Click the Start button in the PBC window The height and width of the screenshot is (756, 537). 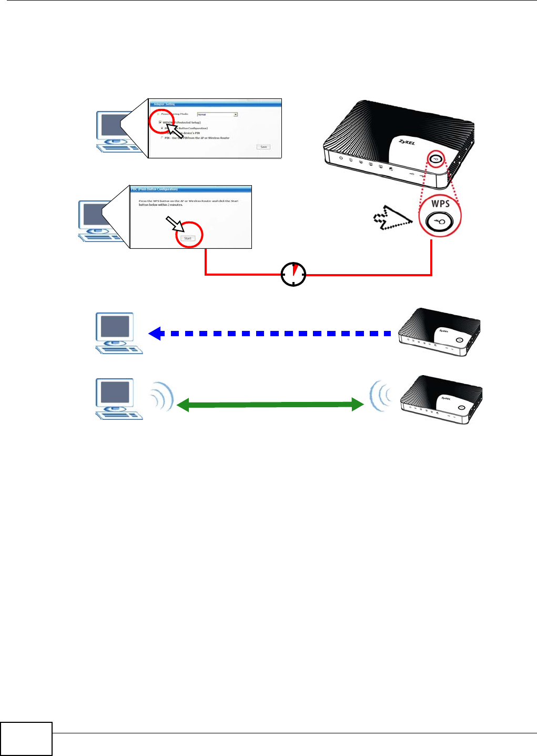tap(188, 238)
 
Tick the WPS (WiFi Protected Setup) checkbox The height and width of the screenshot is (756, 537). tap(160, 122)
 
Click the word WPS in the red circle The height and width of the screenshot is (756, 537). tap(440, 203)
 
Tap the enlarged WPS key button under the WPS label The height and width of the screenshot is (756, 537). tap(439, 222)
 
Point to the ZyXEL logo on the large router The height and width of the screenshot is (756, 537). tap(406, 143)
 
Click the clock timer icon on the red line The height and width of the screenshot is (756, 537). tap(293, 274)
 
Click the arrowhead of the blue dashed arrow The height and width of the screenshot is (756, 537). tap(155, 334)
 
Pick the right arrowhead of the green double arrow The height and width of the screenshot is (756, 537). tap(357, 405)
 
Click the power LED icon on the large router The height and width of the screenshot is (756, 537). tap(341, 158)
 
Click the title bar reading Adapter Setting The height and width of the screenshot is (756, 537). tap(216, 104)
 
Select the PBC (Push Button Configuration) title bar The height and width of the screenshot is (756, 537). tap(191, 189)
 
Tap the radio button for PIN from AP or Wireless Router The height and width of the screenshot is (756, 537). tap(162, 138)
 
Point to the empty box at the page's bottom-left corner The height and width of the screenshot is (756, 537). tap(26, 739)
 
